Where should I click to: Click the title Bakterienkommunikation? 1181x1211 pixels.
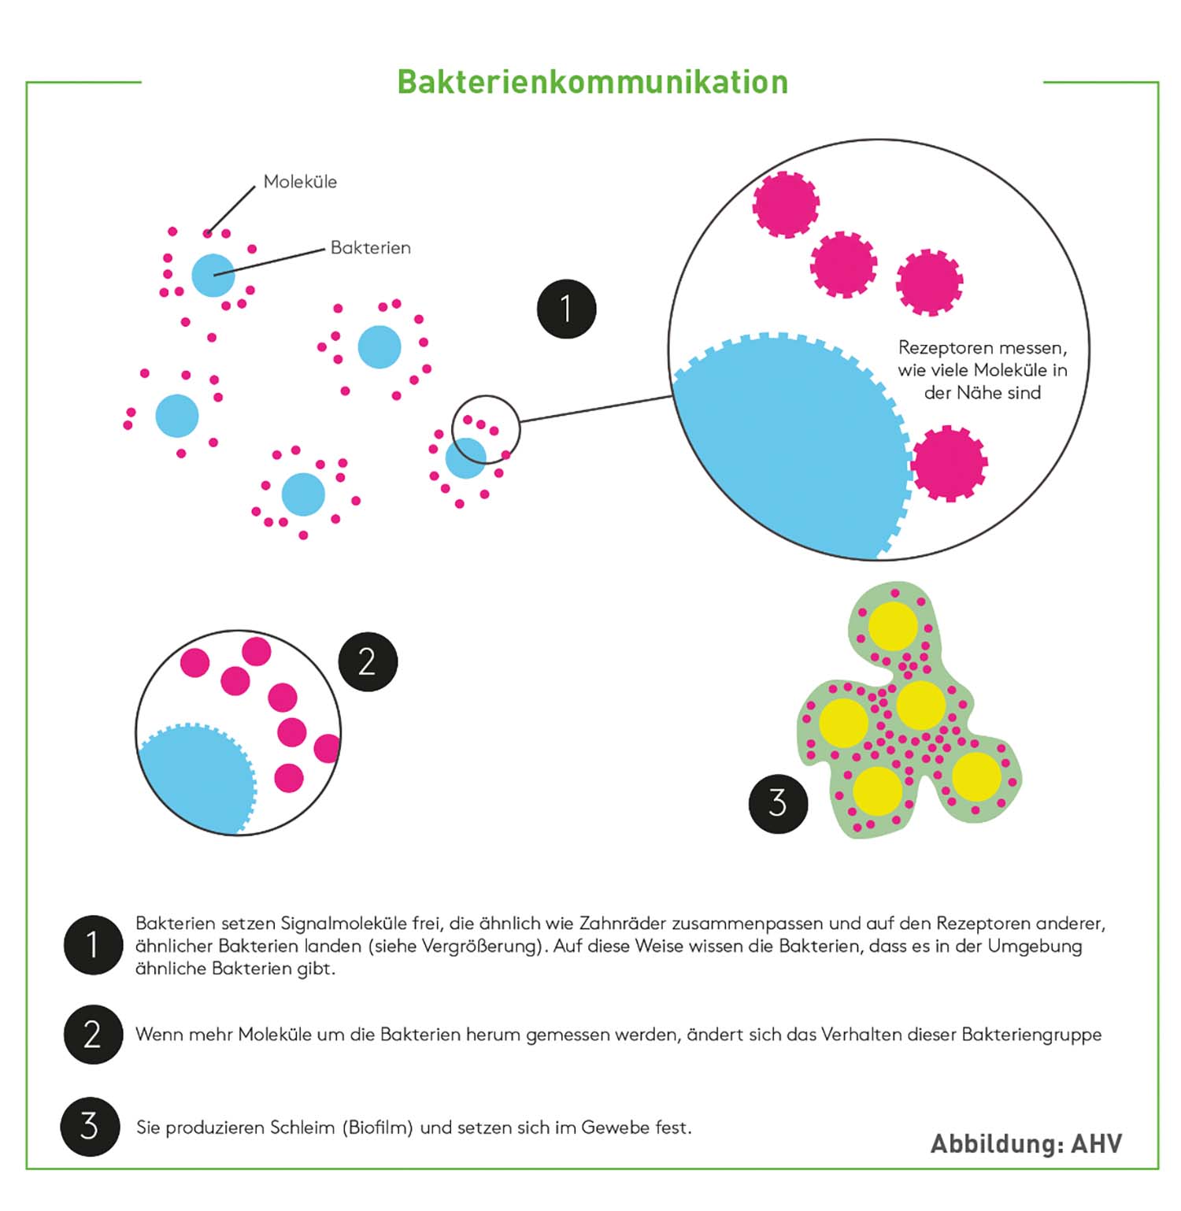pos(592,82)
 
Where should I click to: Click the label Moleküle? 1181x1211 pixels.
pos(300,182)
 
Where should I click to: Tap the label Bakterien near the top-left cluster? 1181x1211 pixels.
pos(370,248)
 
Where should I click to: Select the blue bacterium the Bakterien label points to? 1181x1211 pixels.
pos(213,276)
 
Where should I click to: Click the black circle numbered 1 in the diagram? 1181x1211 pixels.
pos(566,309)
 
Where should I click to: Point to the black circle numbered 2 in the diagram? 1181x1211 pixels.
pos(368,661)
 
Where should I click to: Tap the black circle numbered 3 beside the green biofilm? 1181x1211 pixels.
pos(778,803)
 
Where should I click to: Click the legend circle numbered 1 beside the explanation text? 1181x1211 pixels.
pos(93,945)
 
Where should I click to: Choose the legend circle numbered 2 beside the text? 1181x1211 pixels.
pos(93,1035)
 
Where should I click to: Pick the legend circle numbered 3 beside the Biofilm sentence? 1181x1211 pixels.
pos(90,1127)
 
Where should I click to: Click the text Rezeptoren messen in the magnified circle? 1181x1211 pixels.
pos(983,348)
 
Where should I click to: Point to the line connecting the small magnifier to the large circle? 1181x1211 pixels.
pos(595,409)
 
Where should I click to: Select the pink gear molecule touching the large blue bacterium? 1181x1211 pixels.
pos(949,463)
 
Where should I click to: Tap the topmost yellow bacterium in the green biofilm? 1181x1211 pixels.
pos(893,626)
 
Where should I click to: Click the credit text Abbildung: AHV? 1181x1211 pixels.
pos(1026,1143)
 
